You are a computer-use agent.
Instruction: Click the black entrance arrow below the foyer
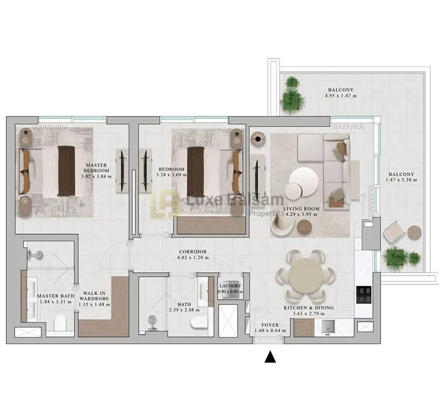tap(270, 357)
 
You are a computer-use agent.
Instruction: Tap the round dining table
tap(305, 276)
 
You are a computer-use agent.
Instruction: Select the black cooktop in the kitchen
tap(364, 295)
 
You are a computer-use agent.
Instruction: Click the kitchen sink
tap(328, 327)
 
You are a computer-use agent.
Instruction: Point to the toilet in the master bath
tap(60, 322)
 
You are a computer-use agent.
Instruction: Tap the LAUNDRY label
tap(230, 285)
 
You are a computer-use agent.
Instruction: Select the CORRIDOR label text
tap(193, 251)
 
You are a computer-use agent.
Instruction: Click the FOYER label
tap(270, 325)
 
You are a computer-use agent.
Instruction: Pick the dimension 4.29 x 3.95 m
tap(301, 214)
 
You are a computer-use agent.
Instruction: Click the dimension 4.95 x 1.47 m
tap(341, 95)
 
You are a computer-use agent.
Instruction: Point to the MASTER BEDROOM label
tap(97, 168)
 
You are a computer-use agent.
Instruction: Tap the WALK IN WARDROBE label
tap(94, 296)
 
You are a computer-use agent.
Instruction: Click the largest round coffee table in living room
tap(304, 181)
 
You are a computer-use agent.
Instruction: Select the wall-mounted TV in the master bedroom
tap(122, 170)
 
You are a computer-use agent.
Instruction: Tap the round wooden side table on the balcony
tap(415, 233)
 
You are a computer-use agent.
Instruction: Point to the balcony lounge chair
tap(394, 232)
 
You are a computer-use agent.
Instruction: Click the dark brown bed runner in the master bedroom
tap(67, 171)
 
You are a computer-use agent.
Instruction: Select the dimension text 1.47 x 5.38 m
tap(401, 180)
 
